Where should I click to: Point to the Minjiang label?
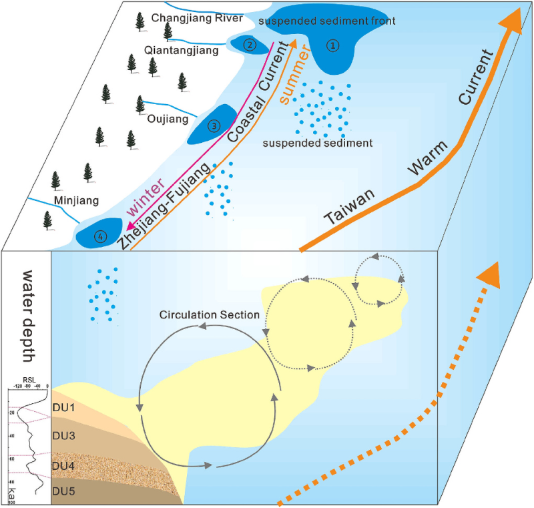(x=76, y=199)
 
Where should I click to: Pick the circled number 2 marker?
(x=250, y=45)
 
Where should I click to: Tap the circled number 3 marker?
(x=214, y=125)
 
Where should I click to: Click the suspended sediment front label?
(x=327, y=21)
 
